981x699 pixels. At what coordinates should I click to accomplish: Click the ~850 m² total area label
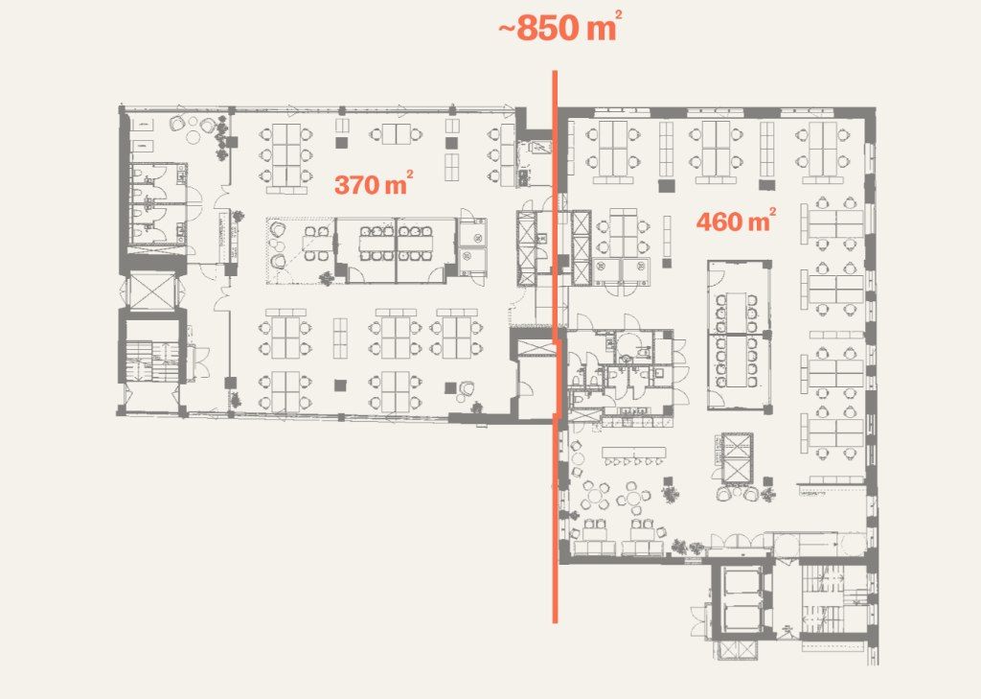[559, 28]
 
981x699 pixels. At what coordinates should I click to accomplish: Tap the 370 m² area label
[374, 184]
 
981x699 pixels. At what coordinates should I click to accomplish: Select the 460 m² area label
[736, 221]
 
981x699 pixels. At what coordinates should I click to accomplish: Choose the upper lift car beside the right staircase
[740, 583]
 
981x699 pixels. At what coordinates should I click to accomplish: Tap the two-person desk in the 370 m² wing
[397, 133]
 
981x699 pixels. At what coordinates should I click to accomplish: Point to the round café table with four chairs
[594, 495]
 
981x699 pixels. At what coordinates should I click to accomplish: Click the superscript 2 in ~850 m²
[618, 17]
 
